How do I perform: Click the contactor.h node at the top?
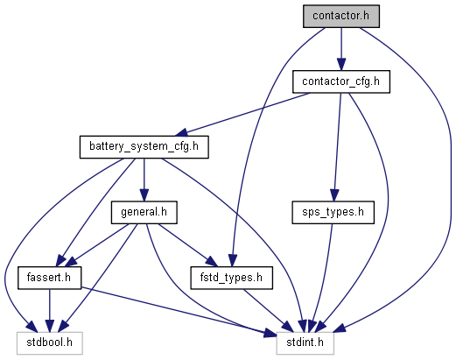[340, 16]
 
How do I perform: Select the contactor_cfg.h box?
[340, 82]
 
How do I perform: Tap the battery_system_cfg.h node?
[144, 147]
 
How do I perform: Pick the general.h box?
[144, 212]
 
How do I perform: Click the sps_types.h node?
[332, 212]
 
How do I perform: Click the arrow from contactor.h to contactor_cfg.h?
[340, 49]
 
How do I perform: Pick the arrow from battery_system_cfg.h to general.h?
[144, 180]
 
